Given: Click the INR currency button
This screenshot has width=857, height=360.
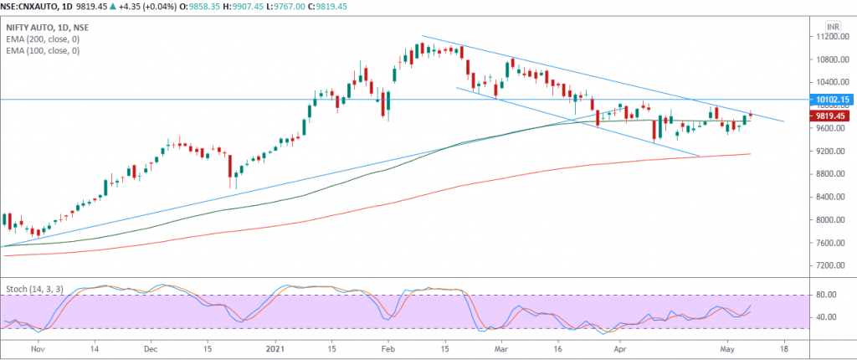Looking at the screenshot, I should tap(832, 26).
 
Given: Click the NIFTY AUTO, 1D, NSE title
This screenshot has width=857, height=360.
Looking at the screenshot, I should tap(48, 28).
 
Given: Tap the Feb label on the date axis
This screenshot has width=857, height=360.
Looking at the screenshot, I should tap(387, 346).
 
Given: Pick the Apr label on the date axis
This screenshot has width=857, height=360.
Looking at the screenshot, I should tap(621, 346).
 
